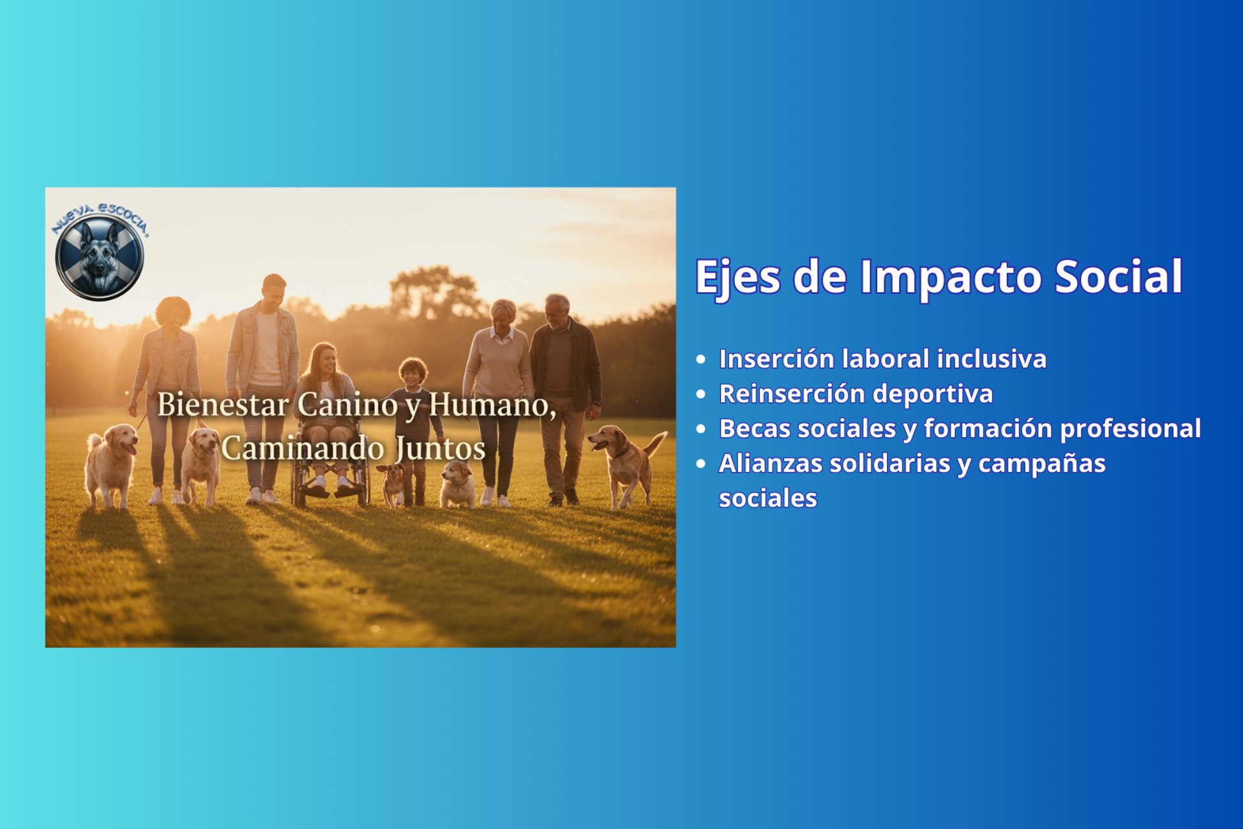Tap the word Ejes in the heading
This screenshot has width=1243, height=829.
click(737, 278)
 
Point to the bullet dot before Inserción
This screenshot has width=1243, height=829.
click(700, 359)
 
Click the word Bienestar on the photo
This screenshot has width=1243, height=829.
click(223, 405)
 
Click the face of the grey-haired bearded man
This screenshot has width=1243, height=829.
click(555, 313)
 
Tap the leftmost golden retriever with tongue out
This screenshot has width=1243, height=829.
click(111, 465)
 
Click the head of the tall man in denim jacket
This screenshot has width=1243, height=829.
click(274, 292)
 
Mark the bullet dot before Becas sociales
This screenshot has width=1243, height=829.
click(700, 429)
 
